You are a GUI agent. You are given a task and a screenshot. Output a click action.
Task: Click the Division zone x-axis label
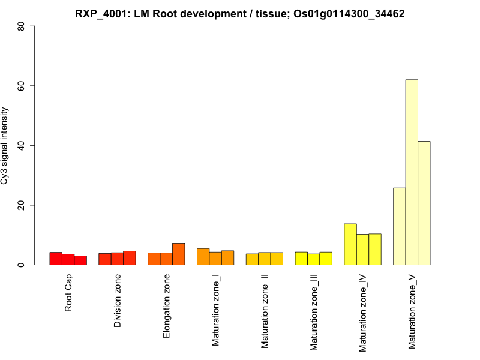click(x=118, y=301)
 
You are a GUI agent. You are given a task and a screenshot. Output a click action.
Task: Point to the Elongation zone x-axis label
click(x=167, y=306)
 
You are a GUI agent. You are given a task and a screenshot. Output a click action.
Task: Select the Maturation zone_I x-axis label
click(x=216, y=310)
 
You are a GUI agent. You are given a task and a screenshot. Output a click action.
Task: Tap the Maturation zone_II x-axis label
click(x=265, y=311)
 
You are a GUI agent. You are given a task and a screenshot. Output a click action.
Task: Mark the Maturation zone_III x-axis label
click(x=314, y=313)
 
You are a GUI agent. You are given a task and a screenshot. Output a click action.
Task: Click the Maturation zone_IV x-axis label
click(x=363, y=313)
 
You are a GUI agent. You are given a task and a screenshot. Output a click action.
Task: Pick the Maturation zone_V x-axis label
click(x=412, y=311)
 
